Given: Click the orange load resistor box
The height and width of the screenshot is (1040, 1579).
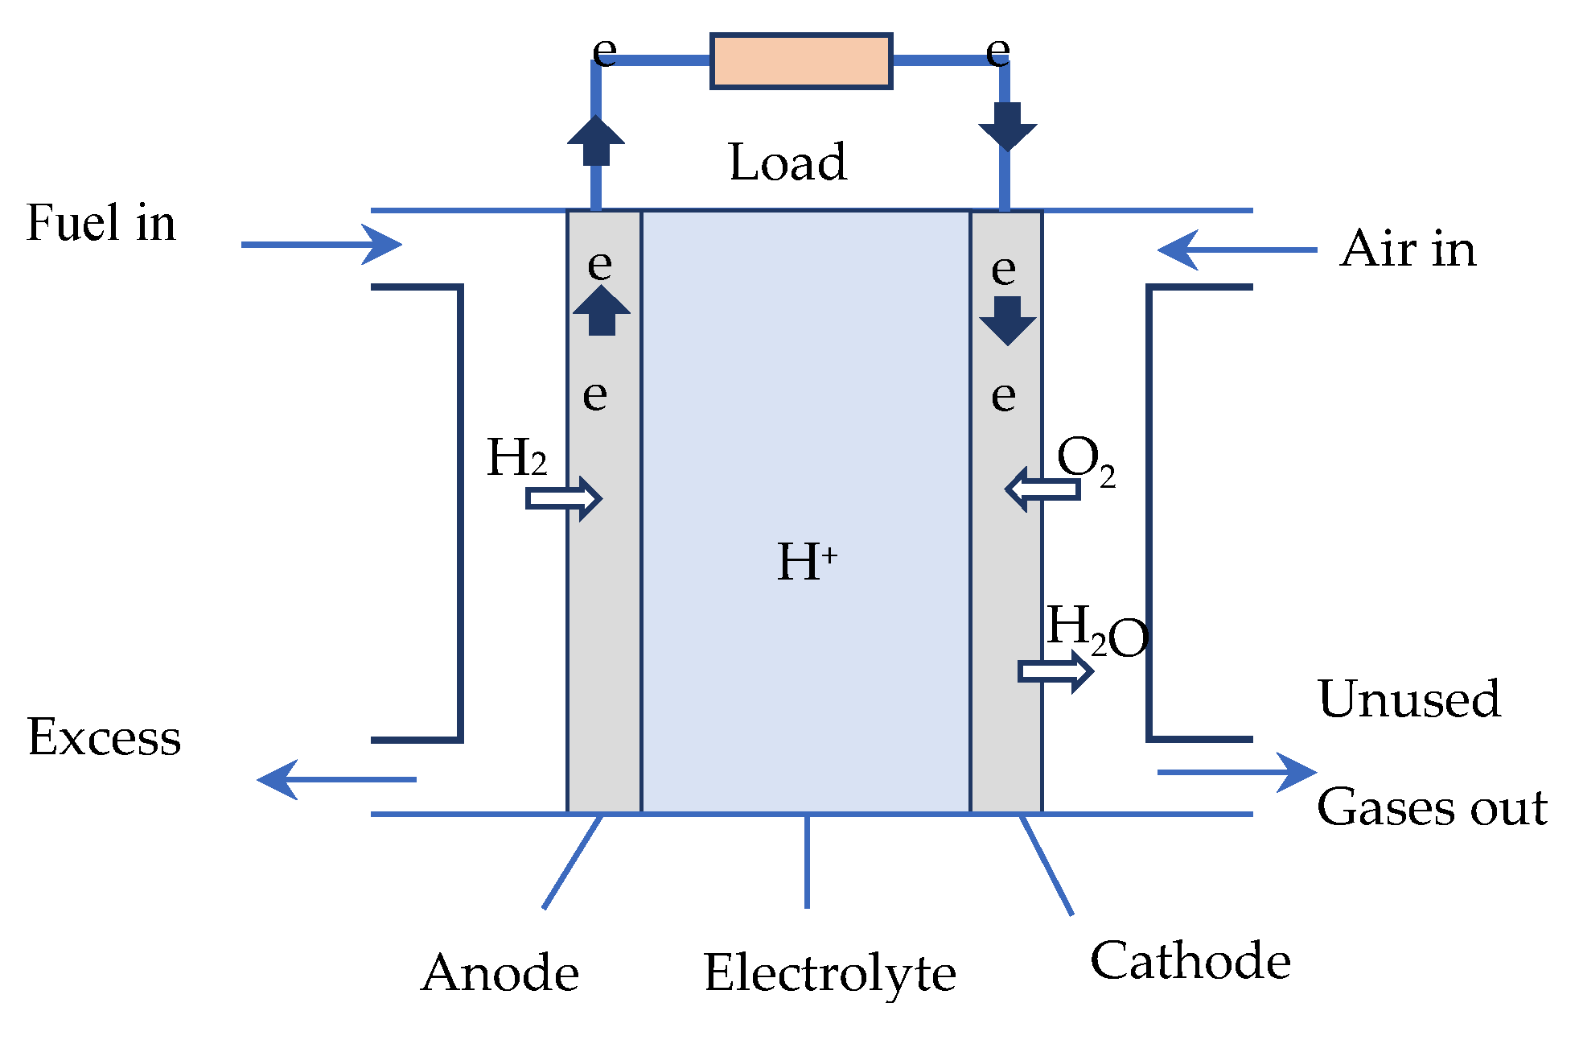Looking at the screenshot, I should tap(801, 60).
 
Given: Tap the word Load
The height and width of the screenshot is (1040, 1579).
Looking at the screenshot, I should tap(787, 162).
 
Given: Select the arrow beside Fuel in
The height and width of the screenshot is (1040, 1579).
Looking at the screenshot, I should tap(322, 244).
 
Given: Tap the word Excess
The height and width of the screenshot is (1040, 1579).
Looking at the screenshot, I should tap(105, 737).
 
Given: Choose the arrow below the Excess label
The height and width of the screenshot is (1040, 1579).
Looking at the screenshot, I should tap(336, 779).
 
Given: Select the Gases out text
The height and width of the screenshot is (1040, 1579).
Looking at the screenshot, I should tap(1432, 807).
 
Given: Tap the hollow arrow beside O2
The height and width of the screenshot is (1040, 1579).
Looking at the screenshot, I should tap(1042, 489).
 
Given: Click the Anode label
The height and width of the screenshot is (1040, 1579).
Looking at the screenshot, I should tap(500, 972).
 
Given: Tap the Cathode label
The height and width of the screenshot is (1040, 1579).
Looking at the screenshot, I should tap(1190, 960).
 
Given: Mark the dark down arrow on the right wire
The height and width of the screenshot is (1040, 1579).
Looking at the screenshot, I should tap(1007, 126).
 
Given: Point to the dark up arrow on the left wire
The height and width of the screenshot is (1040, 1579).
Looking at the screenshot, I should tap(596, 141).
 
